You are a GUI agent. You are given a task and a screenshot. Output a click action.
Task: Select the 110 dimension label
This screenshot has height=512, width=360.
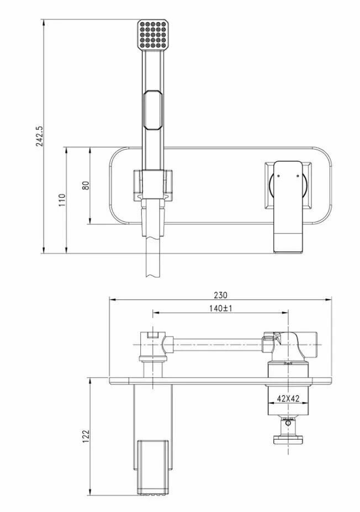click(x=62, y=199)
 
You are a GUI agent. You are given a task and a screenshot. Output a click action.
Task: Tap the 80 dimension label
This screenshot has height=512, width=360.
click(x=86, y=185)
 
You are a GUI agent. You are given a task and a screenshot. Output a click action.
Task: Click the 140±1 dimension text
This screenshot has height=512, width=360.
click(x=220, y=308)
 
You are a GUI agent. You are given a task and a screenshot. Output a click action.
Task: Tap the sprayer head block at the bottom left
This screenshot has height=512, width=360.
click(x=153, y=464)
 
